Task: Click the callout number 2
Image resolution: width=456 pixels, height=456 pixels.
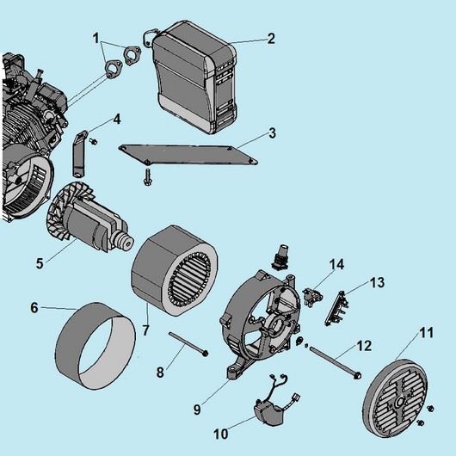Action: click(x=271, y=39)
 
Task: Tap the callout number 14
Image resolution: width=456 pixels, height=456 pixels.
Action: click(x=336, y=265)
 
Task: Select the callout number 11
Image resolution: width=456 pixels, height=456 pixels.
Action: click(x=427, y=333)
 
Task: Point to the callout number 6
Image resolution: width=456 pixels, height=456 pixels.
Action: click(x=34, y=308)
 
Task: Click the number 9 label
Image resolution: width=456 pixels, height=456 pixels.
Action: click(x=197, y=410)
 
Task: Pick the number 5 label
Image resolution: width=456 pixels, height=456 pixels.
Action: click(x=40, y=263)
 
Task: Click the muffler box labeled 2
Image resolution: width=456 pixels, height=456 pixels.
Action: click(x=193, y=78)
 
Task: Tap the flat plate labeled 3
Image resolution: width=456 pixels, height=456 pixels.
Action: click(x=188, y=155)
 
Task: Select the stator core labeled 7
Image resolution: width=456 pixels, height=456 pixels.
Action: click(x=175, y=271)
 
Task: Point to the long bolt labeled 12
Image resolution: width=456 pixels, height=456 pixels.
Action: click(x=335, y=363)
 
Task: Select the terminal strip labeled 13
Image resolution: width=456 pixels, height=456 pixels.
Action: click(x=336, y=308)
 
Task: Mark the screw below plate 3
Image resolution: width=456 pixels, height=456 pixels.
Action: click(x=148, y=177)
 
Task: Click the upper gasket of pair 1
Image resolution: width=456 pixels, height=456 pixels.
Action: click(x=132, y=54)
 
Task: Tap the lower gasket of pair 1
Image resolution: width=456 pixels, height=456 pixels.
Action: click(x=114, y=69)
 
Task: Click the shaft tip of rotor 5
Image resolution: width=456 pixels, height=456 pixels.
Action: click(x=128, y=243)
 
